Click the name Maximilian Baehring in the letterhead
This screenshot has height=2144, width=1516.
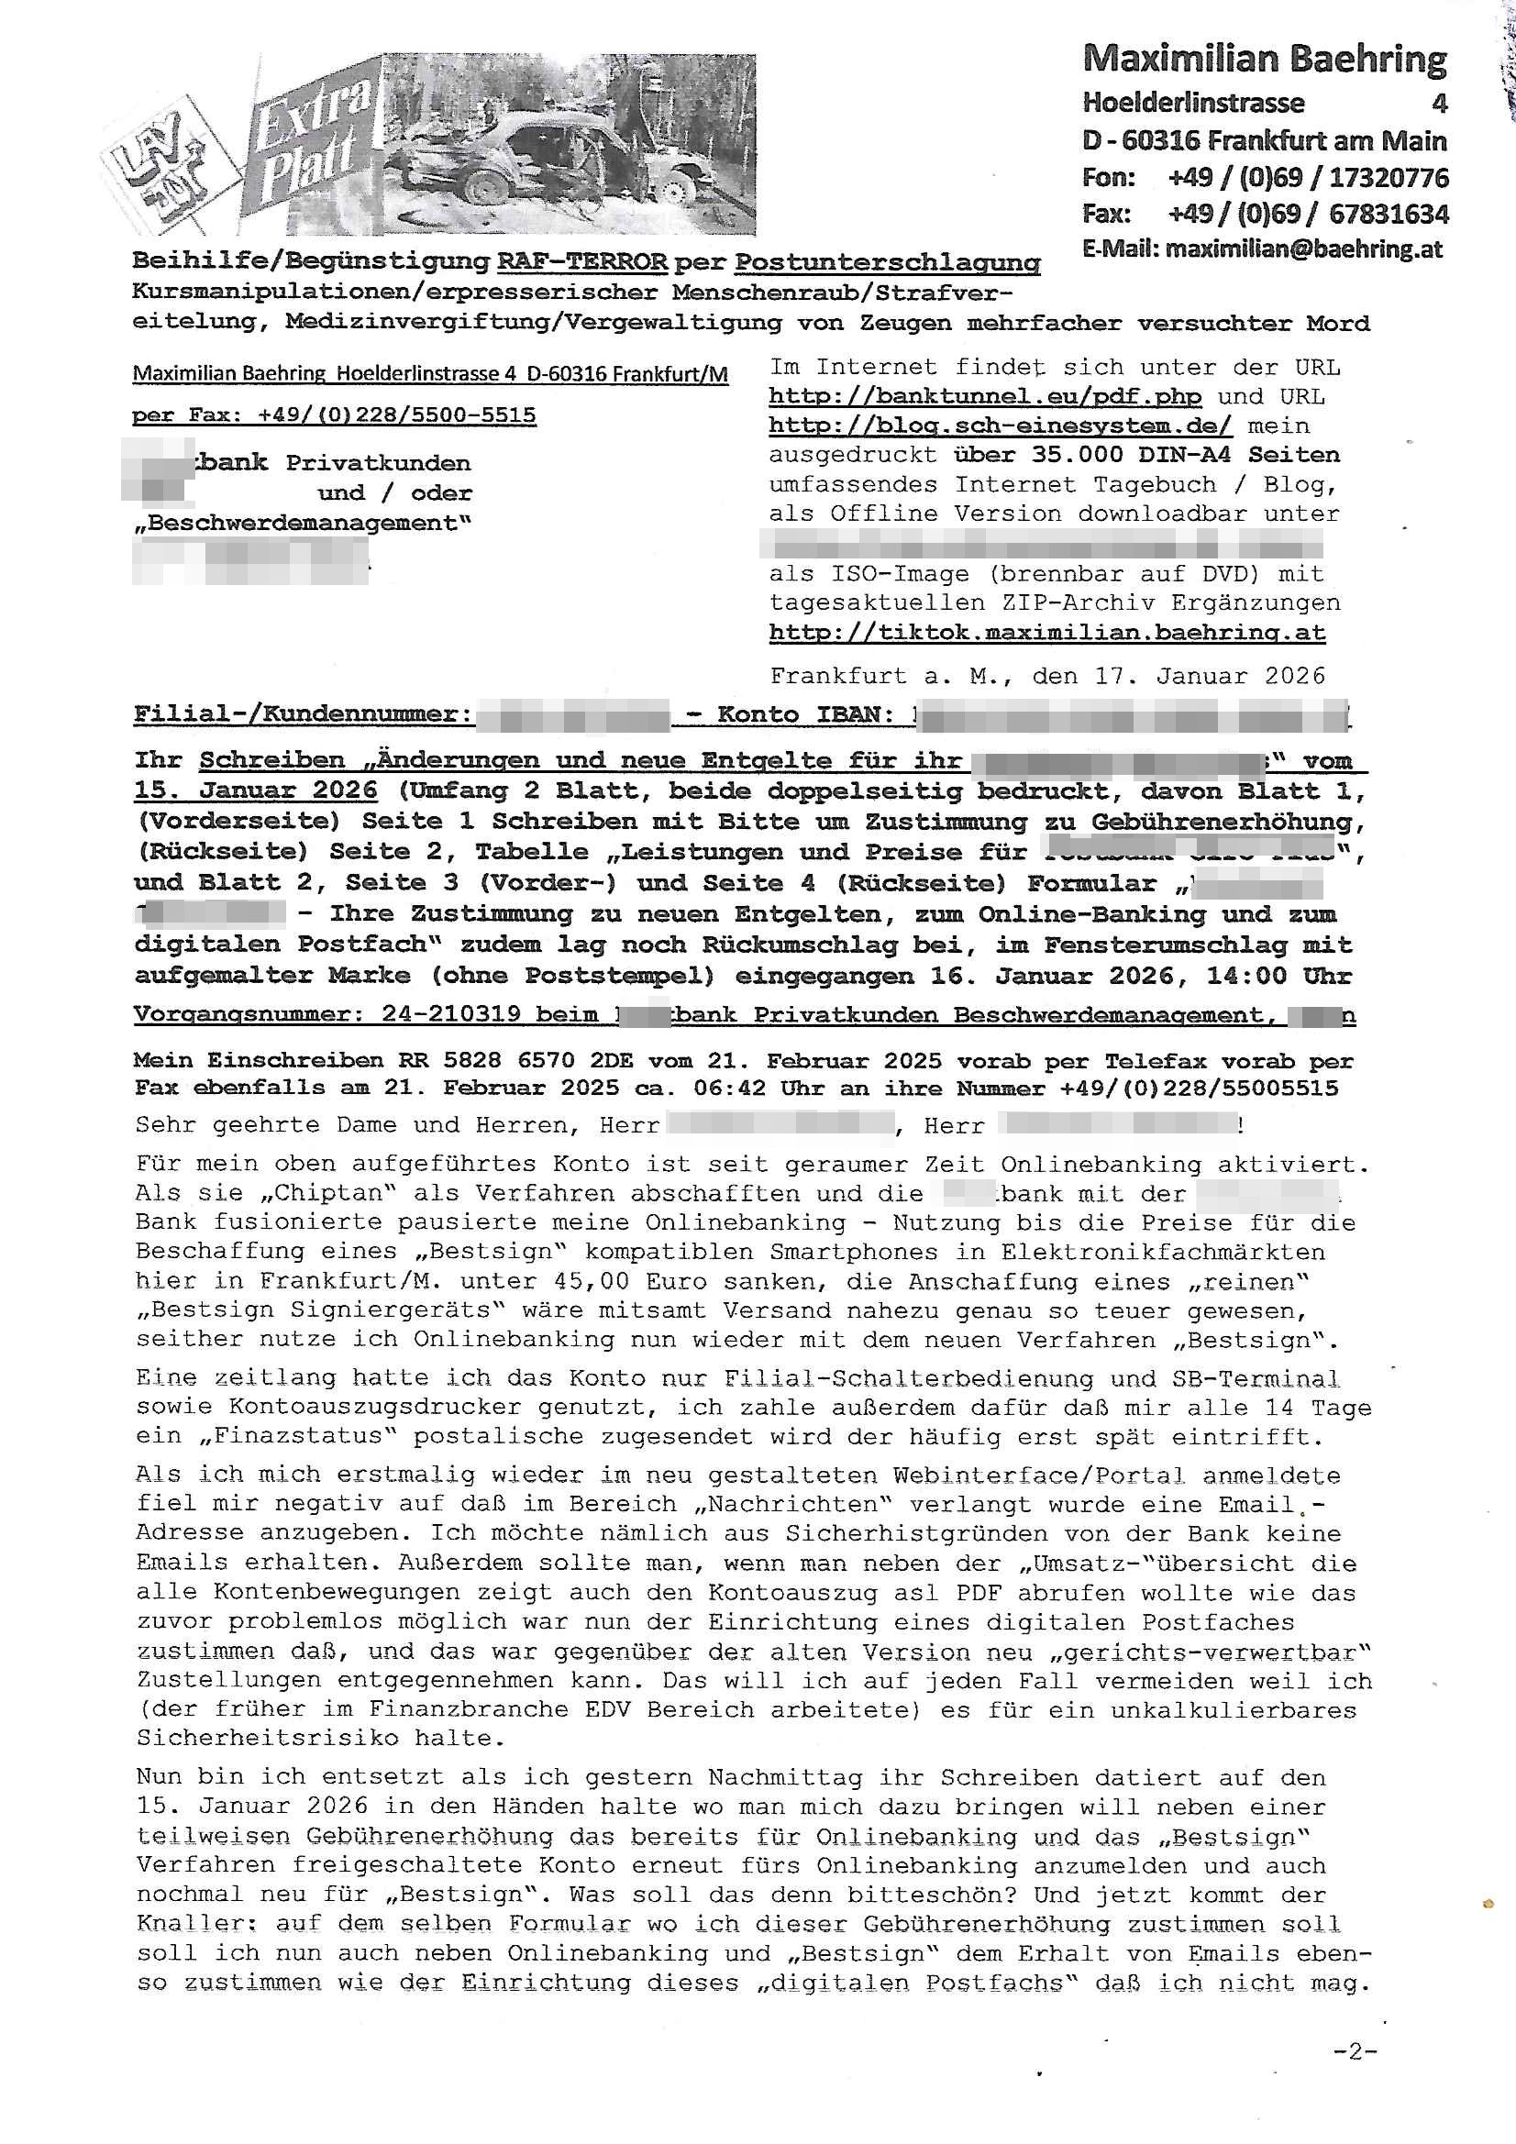click(x=1264, y=59)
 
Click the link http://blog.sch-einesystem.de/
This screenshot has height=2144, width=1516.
click(x=1000, y=425)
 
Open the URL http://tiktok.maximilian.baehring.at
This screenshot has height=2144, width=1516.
click(x=1046, y=632)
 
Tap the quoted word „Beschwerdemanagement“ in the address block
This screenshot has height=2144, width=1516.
click(x=302, y=523)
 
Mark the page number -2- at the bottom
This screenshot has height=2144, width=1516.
click(x=1356, y=2051)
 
